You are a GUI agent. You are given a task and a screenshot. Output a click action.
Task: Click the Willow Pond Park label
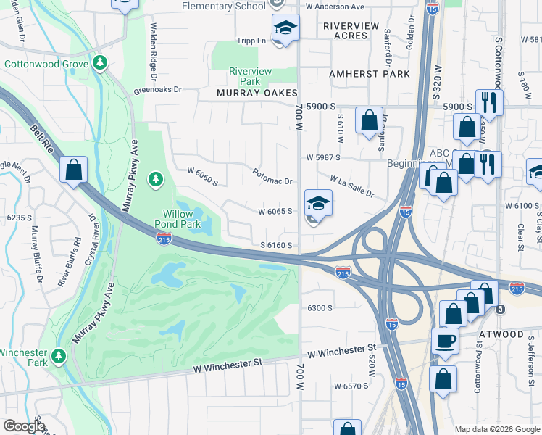(178, 219)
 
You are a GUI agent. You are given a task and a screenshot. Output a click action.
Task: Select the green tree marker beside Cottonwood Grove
(100, 64)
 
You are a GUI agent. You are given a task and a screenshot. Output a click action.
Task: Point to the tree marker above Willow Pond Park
(154, 179)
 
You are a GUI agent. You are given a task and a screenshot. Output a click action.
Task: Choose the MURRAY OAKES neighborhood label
(258, 94)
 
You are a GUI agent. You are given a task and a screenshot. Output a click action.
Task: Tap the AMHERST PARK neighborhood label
(369, 74)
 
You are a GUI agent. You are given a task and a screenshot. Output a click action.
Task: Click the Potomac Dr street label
(272, 176)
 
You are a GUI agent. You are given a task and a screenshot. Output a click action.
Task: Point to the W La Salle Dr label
(352, 186)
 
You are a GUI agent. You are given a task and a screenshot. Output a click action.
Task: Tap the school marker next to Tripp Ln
(285, 29)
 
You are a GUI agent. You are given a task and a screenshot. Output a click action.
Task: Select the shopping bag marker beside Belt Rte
(73, 170)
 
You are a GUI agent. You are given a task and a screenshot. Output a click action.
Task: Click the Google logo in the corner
(23, 426)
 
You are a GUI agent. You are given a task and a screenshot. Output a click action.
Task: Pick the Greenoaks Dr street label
(157, 91)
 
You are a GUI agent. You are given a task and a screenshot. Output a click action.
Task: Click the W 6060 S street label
(202, 176)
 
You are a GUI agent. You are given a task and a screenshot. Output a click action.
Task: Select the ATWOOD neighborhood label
(501, 334)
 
